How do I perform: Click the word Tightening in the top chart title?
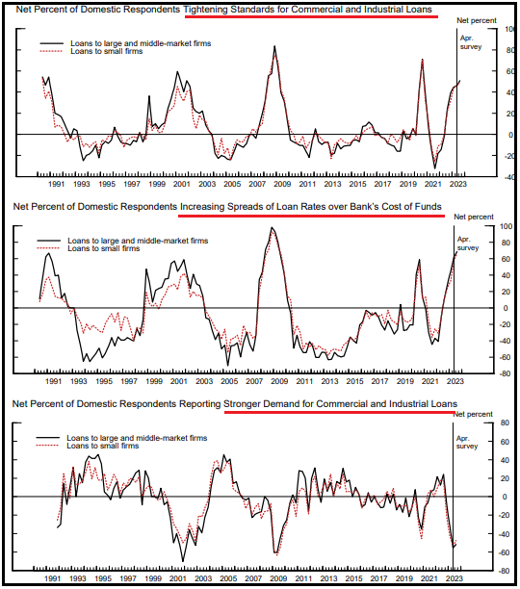pyautogui.click(x=206, y=10)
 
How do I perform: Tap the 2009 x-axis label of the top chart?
pyautogui.click(x=282, y=184)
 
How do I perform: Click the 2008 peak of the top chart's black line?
pyautogui.click(x=274, y=46)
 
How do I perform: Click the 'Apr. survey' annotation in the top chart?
pyautogui.click(x=471, y=42)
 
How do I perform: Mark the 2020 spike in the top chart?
pyautogui.click(x=423, y=60)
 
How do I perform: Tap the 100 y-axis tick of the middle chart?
pyautogui.click(x=506, y=226)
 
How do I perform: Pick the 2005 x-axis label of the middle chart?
pyautogui.click(x=229, y=381)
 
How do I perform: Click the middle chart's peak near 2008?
pyautogui.click(x=272, y=228)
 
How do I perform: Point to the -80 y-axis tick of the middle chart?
pyautogui.click(x=506, y=373)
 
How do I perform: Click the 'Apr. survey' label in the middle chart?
pyautogui.click(x=468, y=243)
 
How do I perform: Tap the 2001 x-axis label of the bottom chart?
pyautogui.click(x=178, y=578)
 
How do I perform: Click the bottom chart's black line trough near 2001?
pyautogui.click(x=183, y=561)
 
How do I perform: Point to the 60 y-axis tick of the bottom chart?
pyautogui.click(x=505, y=442)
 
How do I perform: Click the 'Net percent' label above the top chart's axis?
pyautogui.click(x=477, y=20)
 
